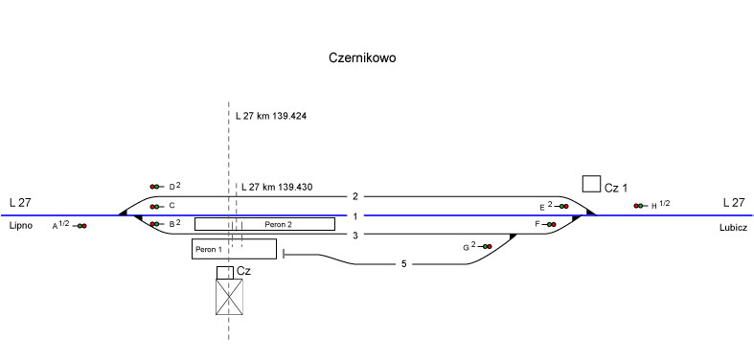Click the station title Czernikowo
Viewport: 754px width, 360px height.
[362, 57]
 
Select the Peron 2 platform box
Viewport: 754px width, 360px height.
[264, 224]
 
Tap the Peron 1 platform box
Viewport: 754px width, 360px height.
[234, 249]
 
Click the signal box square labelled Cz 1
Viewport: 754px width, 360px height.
[591, 184]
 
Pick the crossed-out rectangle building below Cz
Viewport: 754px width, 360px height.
[229, 297]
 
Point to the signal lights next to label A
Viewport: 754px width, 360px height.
[80, 226]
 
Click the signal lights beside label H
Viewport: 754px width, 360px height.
[640, 206]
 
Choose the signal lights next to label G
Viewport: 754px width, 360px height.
[486, 247]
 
